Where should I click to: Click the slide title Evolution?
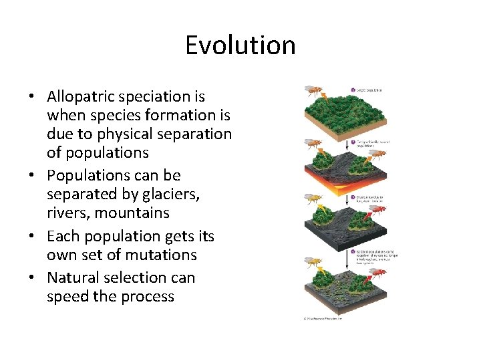(240, 45)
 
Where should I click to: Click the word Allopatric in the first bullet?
(83, 96)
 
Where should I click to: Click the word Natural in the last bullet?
(73, 277)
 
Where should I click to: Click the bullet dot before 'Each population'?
(31, 237)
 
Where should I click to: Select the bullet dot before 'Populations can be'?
(31, 175)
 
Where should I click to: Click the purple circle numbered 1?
(353, 90)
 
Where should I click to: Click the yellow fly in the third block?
(311, 199)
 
